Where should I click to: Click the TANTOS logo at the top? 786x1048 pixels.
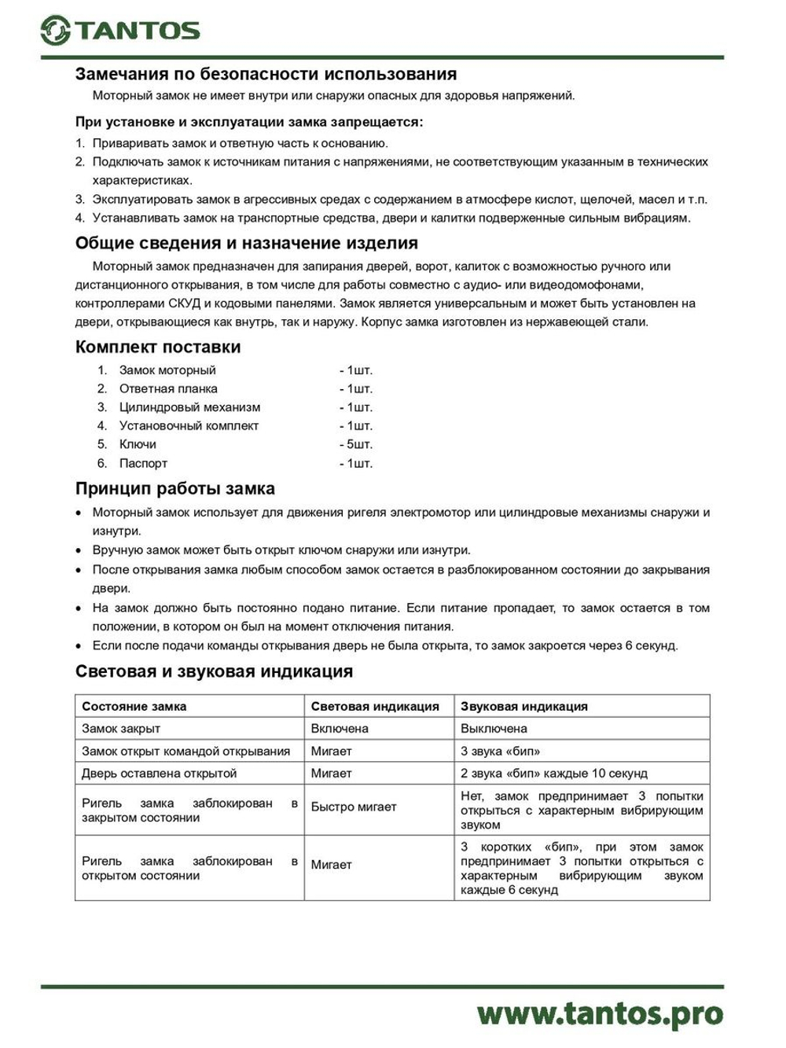point(120,30)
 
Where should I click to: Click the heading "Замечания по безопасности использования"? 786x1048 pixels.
point(266,74)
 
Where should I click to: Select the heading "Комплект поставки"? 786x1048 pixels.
point(158,347)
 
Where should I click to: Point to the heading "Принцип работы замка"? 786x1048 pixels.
point(175,488)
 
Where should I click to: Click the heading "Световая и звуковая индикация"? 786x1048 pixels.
point(214,671)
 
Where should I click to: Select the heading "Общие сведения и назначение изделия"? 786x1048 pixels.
point(247,242)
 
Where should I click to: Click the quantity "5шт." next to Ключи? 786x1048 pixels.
point(356,444)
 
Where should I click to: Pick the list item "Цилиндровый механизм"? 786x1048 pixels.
point(189,407)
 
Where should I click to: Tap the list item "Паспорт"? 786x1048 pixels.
point(143,463)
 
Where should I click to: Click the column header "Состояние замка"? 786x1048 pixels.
point(134,706)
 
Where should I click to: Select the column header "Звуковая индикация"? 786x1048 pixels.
point(523,706)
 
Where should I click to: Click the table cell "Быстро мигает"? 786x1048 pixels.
point(354,807)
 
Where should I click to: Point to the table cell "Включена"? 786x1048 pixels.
point(340,728)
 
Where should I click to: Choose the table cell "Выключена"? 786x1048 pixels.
point(494,728)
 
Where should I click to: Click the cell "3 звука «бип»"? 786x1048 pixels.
point(500,751)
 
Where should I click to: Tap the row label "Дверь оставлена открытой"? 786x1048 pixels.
point(160,773)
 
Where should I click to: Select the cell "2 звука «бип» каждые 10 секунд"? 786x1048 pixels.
point(553,773)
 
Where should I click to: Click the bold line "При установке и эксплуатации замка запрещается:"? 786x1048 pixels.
point(249,122)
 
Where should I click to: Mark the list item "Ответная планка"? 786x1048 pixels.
point(168,388)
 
